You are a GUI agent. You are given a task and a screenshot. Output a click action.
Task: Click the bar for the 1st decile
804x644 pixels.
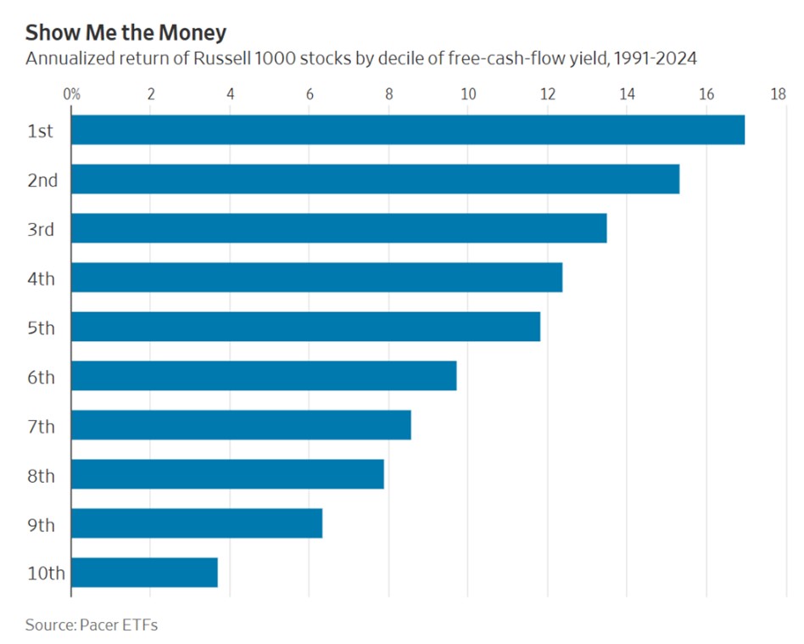(407, 130)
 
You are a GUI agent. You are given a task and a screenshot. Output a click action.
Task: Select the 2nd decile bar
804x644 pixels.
(375, 179)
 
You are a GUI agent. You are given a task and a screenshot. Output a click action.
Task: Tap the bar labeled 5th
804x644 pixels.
(305, 327)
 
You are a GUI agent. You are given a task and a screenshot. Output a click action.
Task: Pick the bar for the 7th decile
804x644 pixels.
(241, 425)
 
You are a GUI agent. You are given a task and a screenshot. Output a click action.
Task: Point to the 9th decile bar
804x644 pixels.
(197, 524)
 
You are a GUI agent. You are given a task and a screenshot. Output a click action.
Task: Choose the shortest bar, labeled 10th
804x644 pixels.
(144, 573)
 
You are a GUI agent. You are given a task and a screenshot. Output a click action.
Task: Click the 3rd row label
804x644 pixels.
(41, 229)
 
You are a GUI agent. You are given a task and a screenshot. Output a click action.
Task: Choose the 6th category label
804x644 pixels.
(41, 377)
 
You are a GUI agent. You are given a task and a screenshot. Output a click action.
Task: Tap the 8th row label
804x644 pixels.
(41, 475)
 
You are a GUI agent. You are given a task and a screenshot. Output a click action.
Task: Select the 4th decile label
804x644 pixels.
(41, 278)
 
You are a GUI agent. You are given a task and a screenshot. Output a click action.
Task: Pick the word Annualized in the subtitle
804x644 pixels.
(64, 59)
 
